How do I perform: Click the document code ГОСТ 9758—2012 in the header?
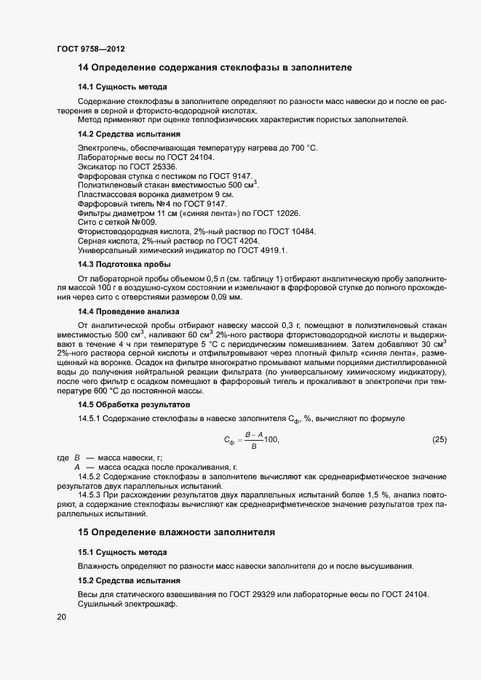click(90, 49)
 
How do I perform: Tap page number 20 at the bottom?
click(62, 617)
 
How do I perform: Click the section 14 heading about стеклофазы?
click(215, 68)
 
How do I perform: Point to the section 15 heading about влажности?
click(176, 532)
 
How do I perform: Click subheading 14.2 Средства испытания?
click(130, 135)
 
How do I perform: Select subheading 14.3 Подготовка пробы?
click(124, 264)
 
